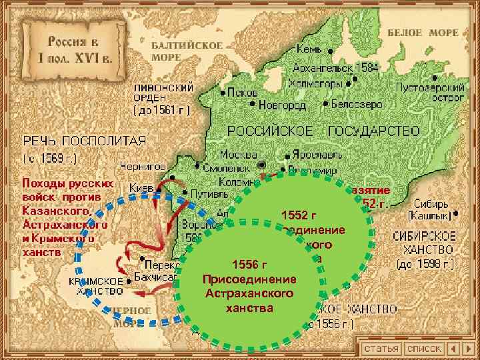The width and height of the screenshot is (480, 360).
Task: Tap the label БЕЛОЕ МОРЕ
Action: pyautogui.click(x=432, y=33)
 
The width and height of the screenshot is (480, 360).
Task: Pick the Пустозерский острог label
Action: pyautogui.click(x=430, y=92)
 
